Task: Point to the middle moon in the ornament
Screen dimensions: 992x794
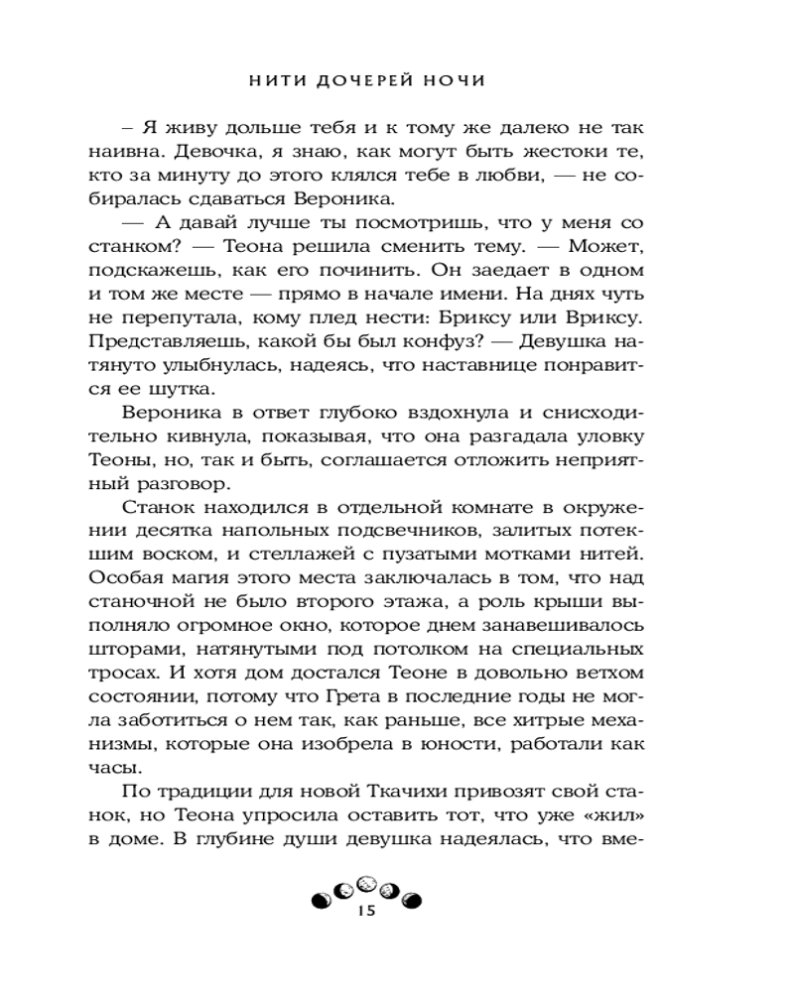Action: pyautogui.click(x=365, y=882)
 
